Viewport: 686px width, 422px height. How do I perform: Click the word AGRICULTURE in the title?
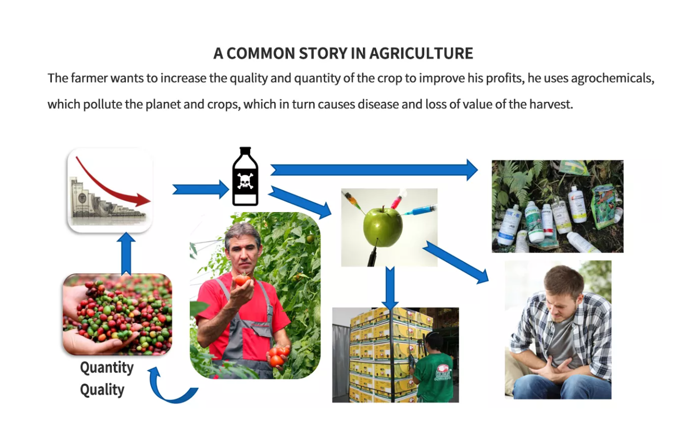[x=421, y=54]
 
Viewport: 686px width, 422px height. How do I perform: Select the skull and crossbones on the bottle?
[x=245, y=181]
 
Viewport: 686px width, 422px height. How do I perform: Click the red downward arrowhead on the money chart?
[x=143, y=200]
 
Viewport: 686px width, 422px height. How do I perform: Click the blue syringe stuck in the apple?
[x=419, y=210]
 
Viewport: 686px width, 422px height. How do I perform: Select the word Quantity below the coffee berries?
[x=107, y=367]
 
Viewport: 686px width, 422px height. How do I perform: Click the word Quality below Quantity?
[x=102, y=390]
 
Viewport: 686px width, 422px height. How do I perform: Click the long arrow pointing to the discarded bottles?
[x=374, y=170]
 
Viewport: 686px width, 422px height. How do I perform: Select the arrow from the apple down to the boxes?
[x=390, y=288]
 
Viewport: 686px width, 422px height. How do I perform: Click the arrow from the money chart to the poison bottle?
[x=200, y=189]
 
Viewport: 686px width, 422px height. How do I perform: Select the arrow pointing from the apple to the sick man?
[x=455, y=262]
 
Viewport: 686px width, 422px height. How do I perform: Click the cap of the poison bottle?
[x=245, y=150]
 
